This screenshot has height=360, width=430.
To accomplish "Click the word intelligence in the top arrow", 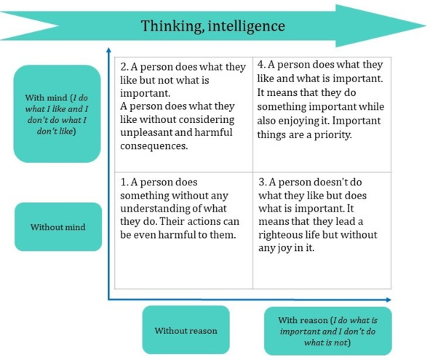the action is tap(247, 26).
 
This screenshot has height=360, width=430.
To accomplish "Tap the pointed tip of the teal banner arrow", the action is tap(426, 25).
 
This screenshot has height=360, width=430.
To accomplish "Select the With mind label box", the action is tap(57, 113).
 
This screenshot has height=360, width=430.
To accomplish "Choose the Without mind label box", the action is tap(58, 227).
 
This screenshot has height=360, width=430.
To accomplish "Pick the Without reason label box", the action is tap(186, 330).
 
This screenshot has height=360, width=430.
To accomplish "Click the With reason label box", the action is tap(328, 331).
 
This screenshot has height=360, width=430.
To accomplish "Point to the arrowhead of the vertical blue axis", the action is tap(108, 50).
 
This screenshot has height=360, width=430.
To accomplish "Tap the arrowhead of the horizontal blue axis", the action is tap(389, 300).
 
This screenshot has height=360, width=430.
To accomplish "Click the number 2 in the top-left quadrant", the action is tap(123, 67).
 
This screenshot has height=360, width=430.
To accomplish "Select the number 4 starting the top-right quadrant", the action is tap(260, 65).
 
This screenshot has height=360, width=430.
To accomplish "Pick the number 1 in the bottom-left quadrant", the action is tap(123, 182).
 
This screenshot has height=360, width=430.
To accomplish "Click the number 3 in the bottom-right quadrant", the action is tap(261, 182).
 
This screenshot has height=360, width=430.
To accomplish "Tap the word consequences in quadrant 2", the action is tap(154, 145).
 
